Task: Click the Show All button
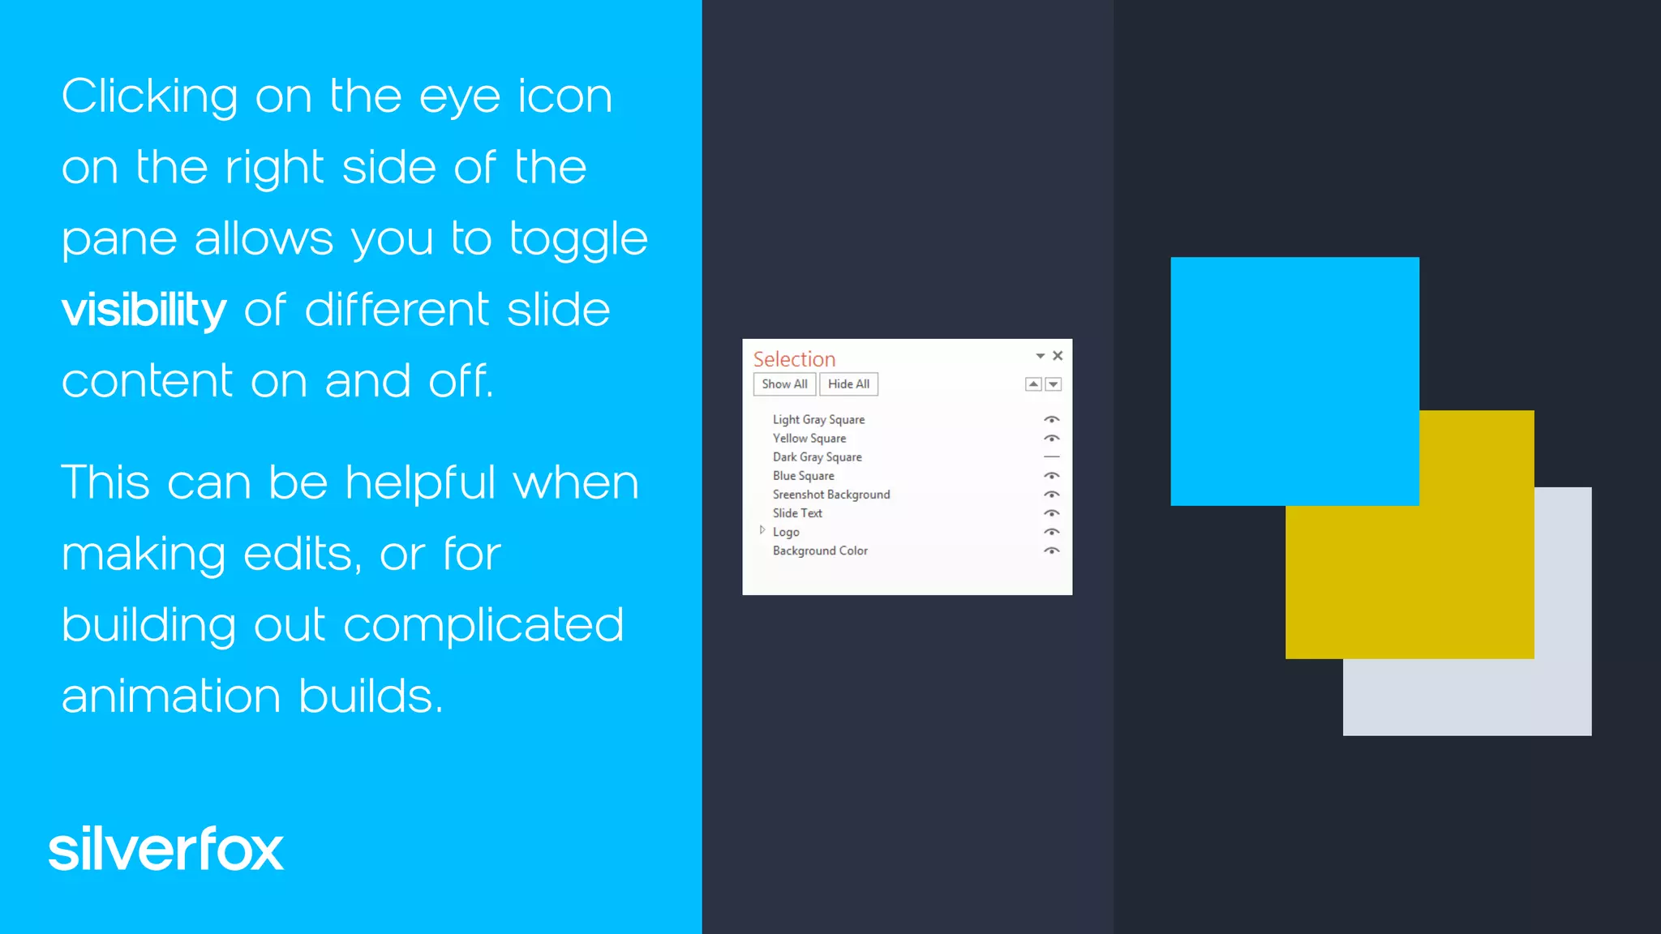tap(784, 384)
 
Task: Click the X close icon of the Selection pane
tap(1058, 356)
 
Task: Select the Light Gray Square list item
tap(818, 420)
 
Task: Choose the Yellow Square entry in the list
tap(809, 439)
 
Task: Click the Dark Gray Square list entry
tap(817, 457)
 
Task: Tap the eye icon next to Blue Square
tap(1051, 476)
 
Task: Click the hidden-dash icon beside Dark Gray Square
tap(1051, 457)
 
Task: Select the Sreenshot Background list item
tap(830, 495)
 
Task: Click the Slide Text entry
tap(797, 513)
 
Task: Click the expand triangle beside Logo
tap(762, 530)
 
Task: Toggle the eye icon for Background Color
tap(1051, 551)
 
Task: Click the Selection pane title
tap(794, 359)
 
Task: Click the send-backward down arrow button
tap(1054, 384)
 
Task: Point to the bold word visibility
tap(144, 311)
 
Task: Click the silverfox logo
tap(166, 850)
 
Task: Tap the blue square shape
tap(1294, 381)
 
